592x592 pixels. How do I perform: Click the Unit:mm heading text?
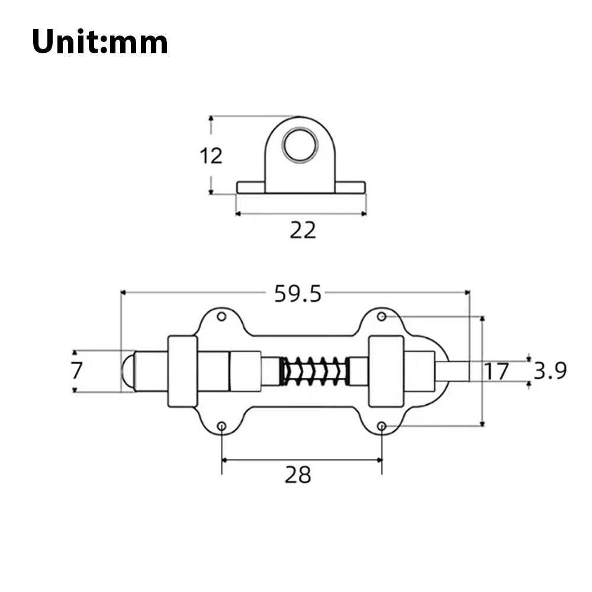[99, 43]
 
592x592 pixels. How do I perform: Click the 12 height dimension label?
[210, 156]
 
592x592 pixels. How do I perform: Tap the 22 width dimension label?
[303, 230]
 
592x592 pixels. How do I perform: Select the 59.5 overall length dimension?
[297, 293]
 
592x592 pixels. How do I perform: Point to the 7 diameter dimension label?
[76, 371]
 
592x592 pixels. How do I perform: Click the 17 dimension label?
[496, 372]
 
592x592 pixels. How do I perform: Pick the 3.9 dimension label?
[550, 371]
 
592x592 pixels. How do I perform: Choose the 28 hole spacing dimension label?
[297, 474]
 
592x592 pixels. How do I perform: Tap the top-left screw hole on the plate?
[221, 317]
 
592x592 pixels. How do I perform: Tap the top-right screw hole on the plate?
[382, 317]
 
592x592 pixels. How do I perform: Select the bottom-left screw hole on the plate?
[221, 426]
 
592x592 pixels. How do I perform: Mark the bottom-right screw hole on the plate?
[382, 426]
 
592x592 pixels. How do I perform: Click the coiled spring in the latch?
[314, 371]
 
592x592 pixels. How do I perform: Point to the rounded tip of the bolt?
[127, 371]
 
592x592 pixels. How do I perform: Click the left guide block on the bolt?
[182, 371]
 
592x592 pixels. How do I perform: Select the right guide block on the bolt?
[386, 371]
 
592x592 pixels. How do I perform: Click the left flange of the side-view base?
[250, 188]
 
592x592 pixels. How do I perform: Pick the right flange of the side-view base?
[350, 188]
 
